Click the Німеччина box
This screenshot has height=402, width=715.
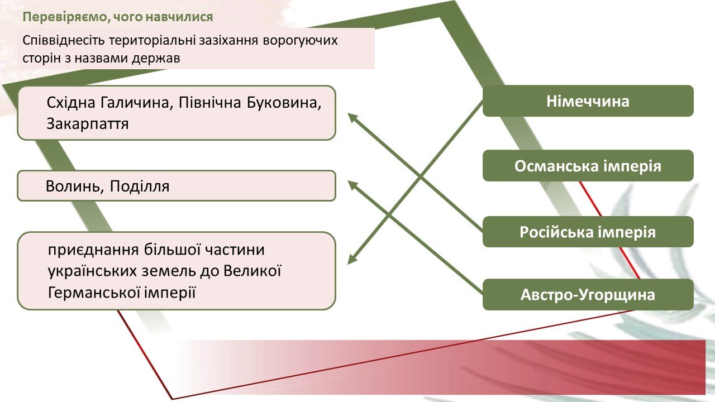point(588,101)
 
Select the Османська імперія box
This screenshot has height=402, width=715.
point(588,166)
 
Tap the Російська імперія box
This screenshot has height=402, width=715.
point(588,232)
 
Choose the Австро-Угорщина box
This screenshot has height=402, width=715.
point(588,294)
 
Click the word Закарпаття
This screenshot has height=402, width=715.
point(88,124)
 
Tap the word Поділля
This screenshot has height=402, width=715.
point(140,186)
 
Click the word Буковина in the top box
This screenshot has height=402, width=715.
point(284,103)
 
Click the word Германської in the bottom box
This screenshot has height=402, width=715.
point(94,293)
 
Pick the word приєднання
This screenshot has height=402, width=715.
point(93,250)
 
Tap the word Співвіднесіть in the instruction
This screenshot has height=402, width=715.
point(64,41)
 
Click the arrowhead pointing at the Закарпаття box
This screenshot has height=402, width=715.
point(352,117)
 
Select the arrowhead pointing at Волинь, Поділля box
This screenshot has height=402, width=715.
point(352,185)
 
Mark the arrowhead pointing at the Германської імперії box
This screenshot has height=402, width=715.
point(352,259)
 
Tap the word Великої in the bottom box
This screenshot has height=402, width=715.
point(252,271)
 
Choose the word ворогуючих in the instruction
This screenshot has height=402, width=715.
point(301,41)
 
